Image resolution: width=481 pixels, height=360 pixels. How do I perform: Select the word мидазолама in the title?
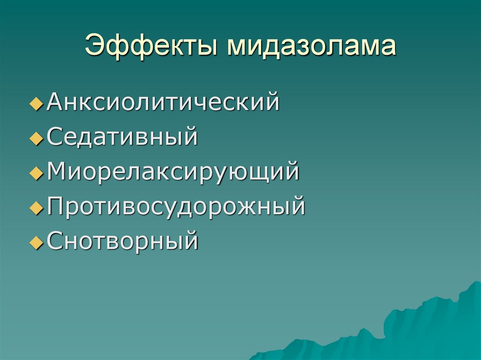(312, 47)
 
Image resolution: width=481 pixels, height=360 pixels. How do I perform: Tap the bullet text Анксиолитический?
(163, 102)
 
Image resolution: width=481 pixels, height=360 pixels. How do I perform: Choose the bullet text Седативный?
(122, 138)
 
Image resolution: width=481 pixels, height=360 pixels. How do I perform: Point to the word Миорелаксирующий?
(173, 172)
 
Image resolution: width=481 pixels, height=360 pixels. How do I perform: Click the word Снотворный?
(122, 241)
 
